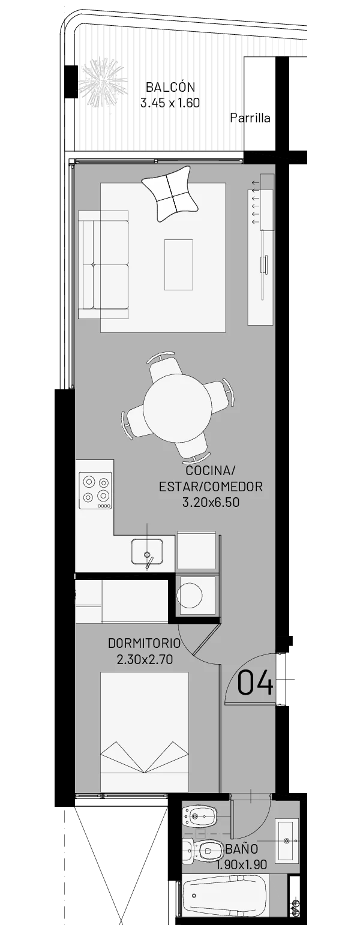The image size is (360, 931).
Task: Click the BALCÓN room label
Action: [x=170, y=88]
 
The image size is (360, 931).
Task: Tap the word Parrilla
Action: [x=250, y=118]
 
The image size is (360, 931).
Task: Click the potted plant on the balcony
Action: [x=103, y=83]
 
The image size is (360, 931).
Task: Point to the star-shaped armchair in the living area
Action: [x=170, y=193]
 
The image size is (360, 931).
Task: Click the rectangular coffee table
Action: [x=178, y=264]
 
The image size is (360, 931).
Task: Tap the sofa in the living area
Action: [x=104, y=265]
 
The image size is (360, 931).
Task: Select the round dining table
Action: [x=176, y=407]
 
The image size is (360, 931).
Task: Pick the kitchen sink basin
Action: [x=147, y=551]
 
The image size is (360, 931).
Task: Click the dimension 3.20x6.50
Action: [x=211, y=502]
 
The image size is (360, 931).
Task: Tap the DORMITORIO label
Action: [x=144, y=644]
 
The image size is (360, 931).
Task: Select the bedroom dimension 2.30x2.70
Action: [x=145, y=659]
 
